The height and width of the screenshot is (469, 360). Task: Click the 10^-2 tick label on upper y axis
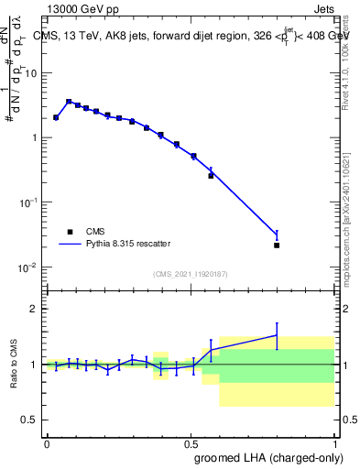[x=28, y=267]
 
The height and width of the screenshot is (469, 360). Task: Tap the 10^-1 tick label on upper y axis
[x=28, y=202]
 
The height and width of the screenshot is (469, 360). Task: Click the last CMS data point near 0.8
[x=277, y=245]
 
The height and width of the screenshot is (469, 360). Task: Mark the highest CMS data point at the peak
[x=69, y=102]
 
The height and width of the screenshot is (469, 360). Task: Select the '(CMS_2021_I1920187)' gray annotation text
[x=190, y=273]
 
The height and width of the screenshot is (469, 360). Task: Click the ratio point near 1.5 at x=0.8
[x=277, y=335]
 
